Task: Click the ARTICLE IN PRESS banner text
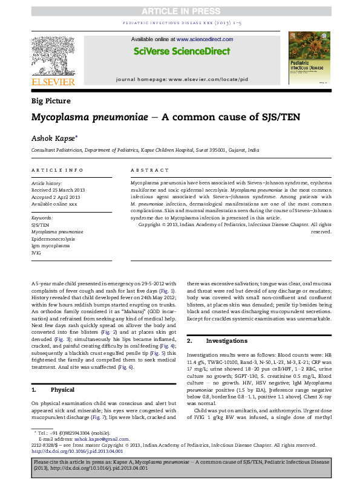click(180, 11)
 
